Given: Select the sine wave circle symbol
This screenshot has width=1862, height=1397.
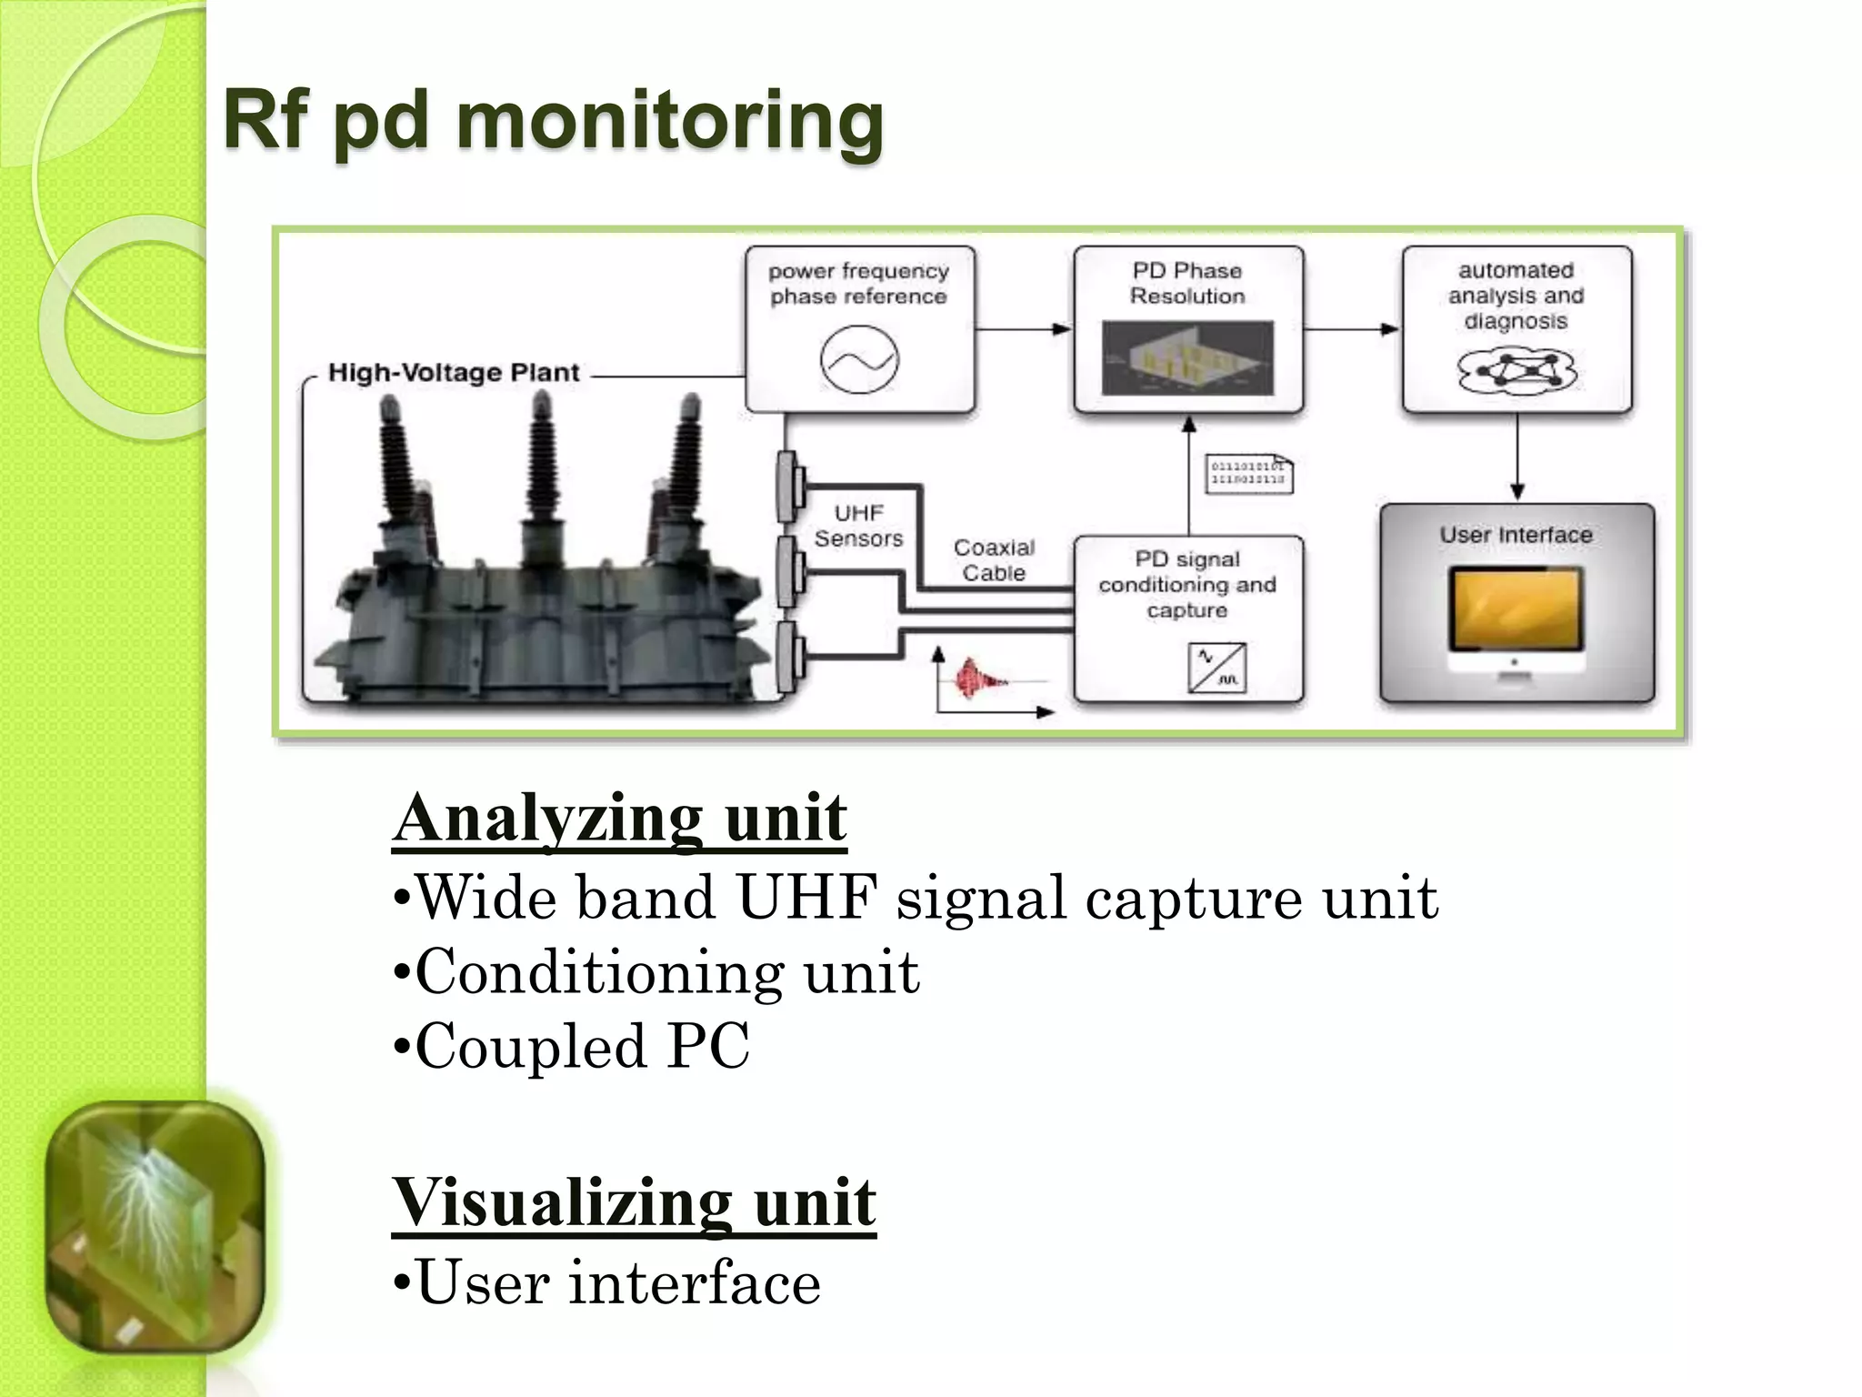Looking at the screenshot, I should coord(859,360).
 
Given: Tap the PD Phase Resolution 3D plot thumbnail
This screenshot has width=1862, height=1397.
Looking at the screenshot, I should coord(1187,357).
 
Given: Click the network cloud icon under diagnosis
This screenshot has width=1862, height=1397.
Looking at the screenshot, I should coord(1516,371).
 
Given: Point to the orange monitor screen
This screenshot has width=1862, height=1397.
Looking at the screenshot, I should coord(1516,608).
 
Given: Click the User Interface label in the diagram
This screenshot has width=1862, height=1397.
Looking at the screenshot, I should coord(1516,535).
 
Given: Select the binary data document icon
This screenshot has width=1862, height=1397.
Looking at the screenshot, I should coord(1248,474).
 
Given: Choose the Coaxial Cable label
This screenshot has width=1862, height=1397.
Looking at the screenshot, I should coord(994,560).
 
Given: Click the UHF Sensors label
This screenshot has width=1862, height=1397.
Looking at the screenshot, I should coord(858,526).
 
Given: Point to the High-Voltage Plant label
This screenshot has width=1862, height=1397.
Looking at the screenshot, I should coord(453,373).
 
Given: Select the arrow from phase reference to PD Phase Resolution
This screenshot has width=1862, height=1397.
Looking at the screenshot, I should coord(1024,329).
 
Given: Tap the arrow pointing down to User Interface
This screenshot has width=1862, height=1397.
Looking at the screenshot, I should coord(1517,459).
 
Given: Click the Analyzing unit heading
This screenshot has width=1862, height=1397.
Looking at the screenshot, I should coord(619,818).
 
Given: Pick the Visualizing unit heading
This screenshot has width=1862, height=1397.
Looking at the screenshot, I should coord(634,1202).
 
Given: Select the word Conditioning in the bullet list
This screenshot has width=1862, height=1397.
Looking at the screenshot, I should coord(598,971).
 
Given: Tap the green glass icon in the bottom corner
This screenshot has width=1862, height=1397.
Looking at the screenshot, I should coord(155,1227).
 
